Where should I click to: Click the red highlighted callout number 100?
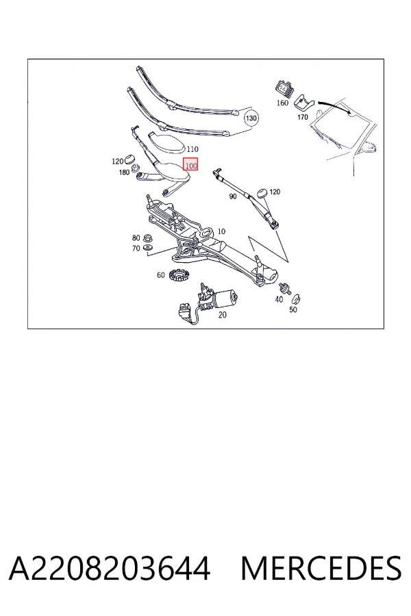tap(190, 165)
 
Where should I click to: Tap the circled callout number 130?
tap(251, 118)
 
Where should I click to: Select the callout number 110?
tap(192, 149)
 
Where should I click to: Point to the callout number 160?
tap(282, 103)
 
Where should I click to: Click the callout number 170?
tap(303, 117)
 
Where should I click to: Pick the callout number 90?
tap(233, 196)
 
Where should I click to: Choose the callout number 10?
tap(221, 232)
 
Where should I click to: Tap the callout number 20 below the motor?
tap(222, 315)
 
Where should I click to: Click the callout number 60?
tap(160, 275)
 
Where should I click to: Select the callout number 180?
tap(124, 172)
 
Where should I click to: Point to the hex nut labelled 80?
tap(148, 238)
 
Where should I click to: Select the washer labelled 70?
tap(148, 248)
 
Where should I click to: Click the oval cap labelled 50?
tap(296, 299)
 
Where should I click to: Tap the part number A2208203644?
tap(110, 568)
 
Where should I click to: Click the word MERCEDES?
tap(321, 568)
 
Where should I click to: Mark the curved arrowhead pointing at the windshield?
tap(349, 111)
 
